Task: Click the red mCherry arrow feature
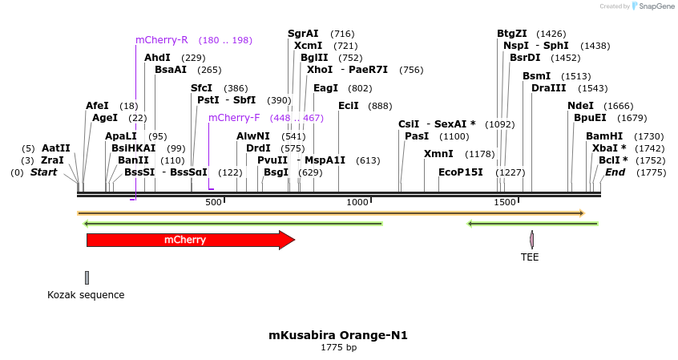[x=190, y=240]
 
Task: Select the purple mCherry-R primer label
[x=161, y=40]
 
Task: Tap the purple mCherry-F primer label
[x=234, y=118]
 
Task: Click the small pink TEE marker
[x=531, y=239]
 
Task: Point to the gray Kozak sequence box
[x=87, y=277]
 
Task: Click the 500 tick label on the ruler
[x=213, y=202]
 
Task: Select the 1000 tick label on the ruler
[x=357, y=202]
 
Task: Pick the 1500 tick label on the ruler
[x=504, y=202]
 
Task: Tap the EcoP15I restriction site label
[x=461, y=172]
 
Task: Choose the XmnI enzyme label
[x=438, y=154]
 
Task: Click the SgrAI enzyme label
[x=303, y=34]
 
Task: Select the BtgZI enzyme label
[x=512, y=34]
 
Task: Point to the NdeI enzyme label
[x=580, y=106]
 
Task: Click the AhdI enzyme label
[x=157, y=58]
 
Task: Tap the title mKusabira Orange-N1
[x=338, y=335]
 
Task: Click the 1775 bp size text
[x=338, y=348]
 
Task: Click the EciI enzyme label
[x=349, y=106]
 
